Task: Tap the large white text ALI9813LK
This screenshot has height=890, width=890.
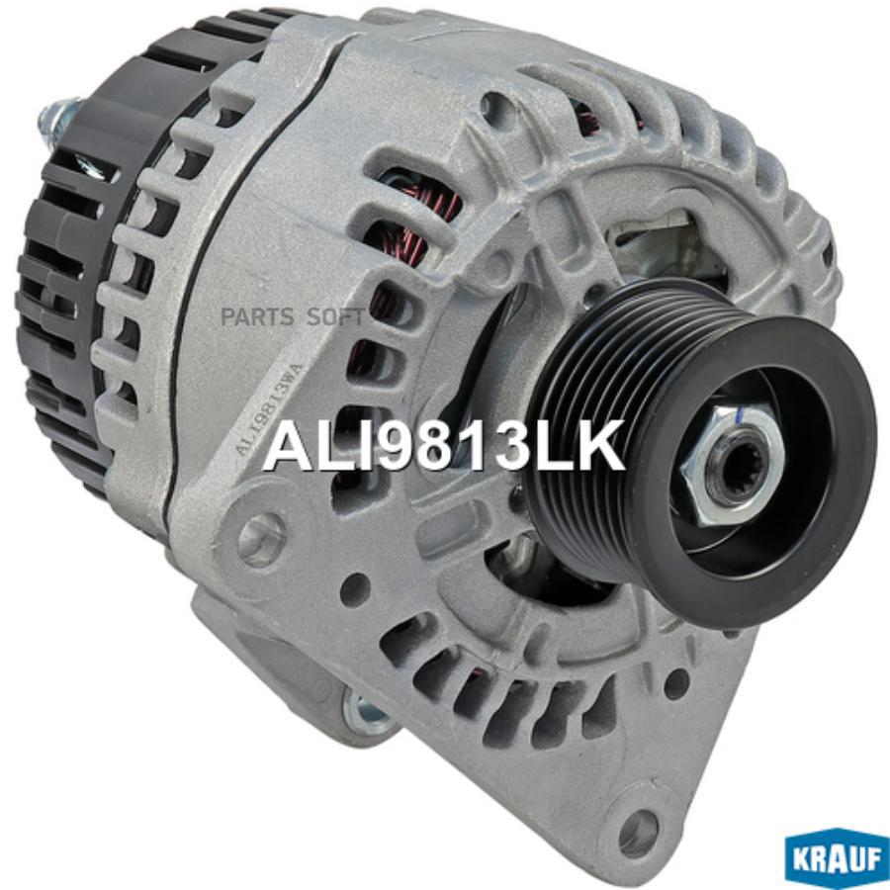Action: (x=443, y=446)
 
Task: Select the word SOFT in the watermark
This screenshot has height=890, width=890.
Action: (x=334, y=317)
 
